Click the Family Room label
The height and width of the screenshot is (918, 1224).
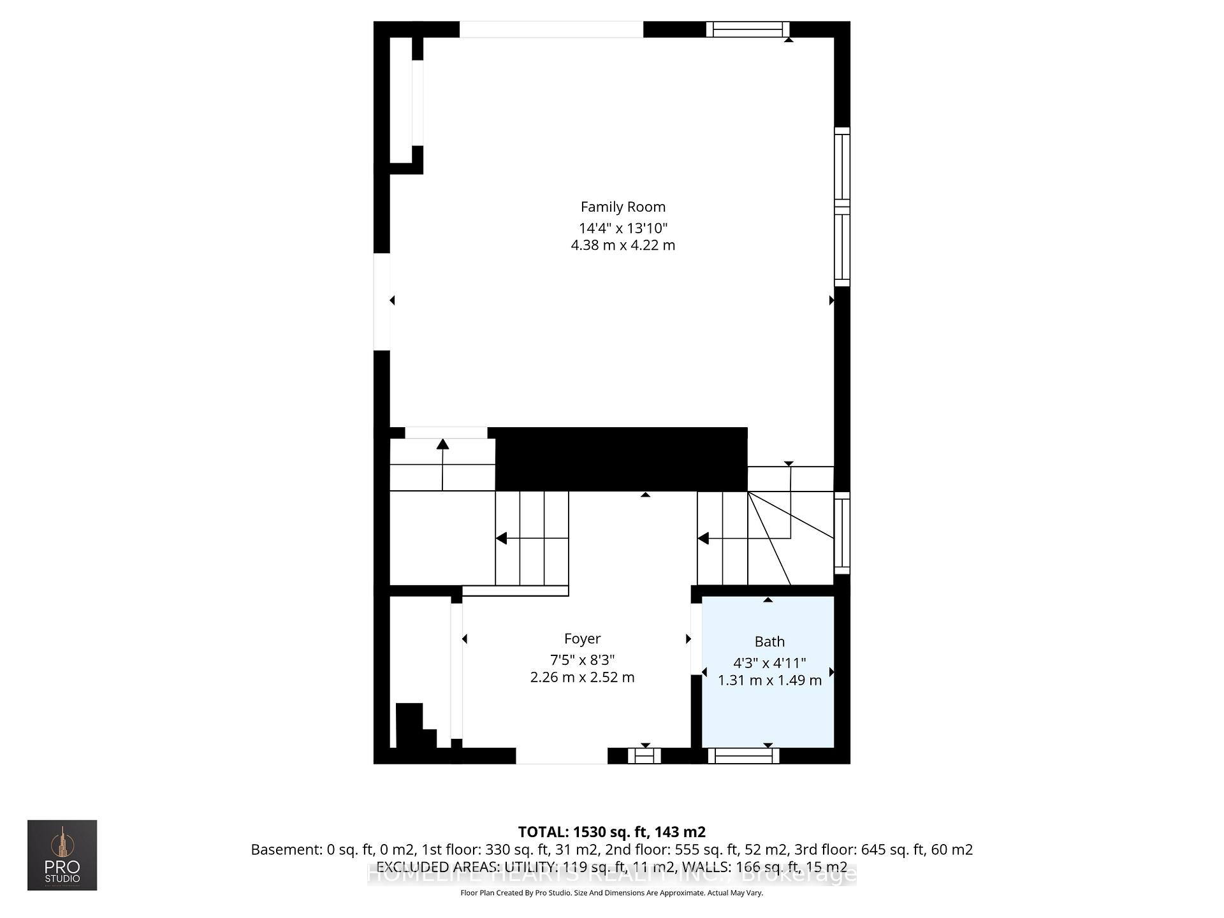click(623, 207)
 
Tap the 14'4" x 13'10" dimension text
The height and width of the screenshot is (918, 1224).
click(623, 228)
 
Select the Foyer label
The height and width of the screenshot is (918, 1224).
click(582, 639)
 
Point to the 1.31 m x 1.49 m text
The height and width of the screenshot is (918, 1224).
click(769, 681)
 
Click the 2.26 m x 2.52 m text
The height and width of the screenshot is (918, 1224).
click(582, 678)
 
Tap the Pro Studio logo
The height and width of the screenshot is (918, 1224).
click(62, 855)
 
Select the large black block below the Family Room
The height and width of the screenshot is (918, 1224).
click(621, 459)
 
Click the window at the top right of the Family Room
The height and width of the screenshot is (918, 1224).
click(748, 29)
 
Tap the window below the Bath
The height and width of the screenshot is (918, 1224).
click(743, 756)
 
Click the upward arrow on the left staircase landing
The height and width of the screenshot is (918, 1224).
click(442, 445)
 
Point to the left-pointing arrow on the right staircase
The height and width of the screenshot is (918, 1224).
click(704, 539)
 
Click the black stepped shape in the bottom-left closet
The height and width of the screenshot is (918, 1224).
click(413, 728)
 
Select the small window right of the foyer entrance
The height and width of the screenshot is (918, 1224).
click(644, 756)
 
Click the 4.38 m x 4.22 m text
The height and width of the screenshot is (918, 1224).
click(623, 245)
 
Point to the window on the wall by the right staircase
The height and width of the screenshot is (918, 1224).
click(842, 533)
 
